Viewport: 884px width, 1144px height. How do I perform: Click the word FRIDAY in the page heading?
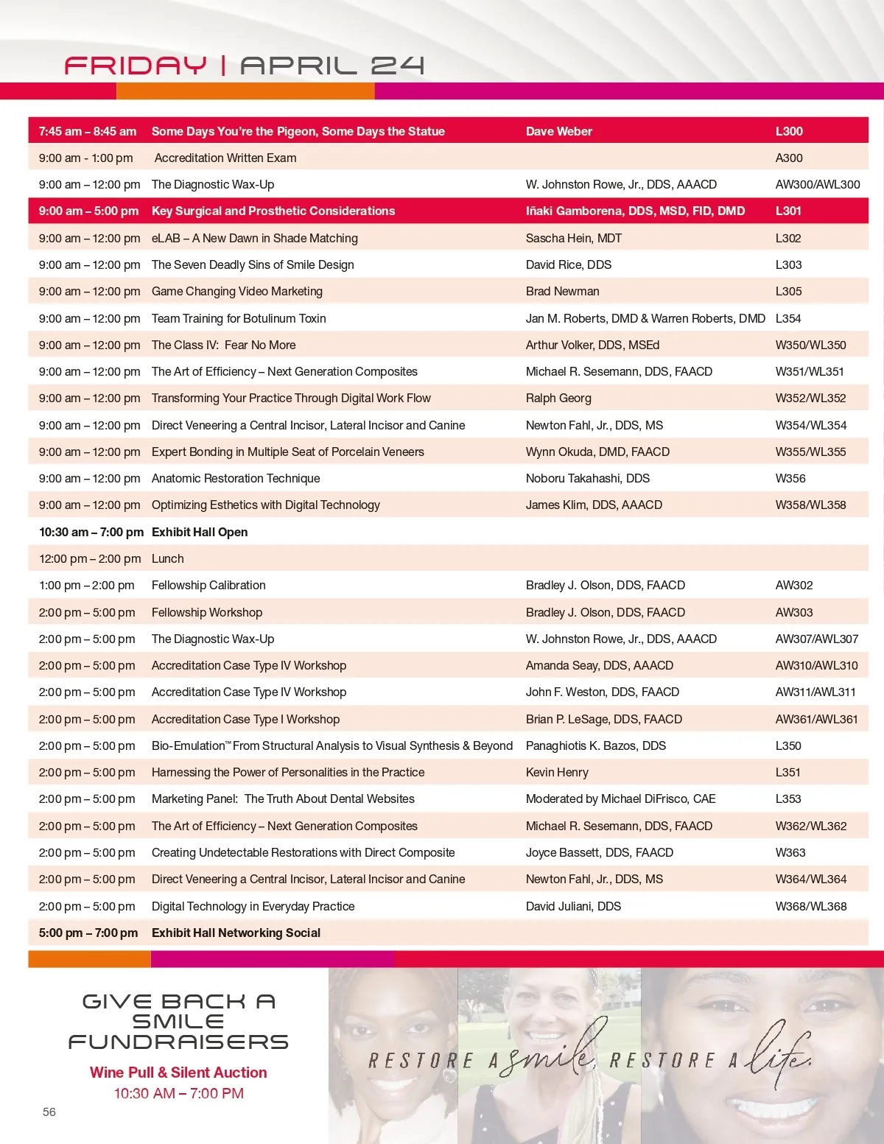pos(136,66)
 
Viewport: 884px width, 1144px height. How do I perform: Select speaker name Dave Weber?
pos(558,131)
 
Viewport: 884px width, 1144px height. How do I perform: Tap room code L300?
pos(788,131)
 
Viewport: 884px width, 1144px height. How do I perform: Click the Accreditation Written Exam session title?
pos(225,158)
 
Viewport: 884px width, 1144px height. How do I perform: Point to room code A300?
pos(788,158)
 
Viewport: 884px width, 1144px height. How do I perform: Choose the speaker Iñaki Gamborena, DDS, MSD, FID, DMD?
pos(635,211)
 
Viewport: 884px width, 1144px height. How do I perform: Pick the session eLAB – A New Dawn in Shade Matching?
pos(254,238)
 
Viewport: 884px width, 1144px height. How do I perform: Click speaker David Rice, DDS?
pos(568,264)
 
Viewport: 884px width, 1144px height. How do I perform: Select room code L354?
pos(787,318)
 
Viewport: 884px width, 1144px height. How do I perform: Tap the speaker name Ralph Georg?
pos(558,398)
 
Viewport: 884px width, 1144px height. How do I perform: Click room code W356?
pos(790,478)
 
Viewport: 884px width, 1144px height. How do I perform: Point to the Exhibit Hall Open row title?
pos(199,532)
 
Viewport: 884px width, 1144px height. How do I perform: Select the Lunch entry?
pos(167,558)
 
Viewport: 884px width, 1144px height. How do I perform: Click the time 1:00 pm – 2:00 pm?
pos(86,585)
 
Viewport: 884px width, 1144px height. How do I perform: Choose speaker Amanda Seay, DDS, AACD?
pos(599,665)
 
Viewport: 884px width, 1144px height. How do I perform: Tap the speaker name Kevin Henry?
pos(556,772)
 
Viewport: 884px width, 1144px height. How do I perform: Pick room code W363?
pos(790,852)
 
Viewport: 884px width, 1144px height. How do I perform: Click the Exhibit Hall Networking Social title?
pos(236,933)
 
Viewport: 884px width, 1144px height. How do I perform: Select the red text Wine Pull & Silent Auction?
pos(178,1073)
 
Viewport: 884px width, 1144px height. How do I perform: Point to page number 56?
pos(49,1112)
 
